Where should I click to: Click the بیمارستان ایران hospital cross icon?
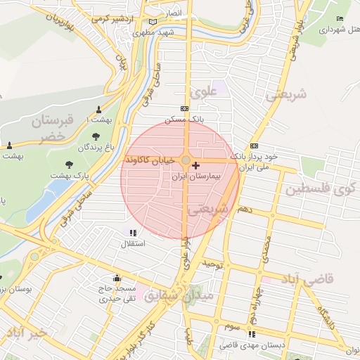point(195,165)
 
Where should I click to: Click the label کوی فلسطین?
point(319,189)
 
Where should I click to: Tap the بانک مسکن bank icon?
point(184,108)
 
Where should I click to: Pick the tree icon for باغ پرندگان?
point(96,136)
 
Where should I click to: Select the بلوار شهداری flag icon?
point(340,19)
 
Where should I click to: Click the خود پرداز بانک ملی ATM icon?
point(254,146)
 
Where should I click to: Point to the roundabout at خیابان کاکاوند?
point(185,161)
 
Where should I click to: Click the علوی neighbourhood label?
point(200,91)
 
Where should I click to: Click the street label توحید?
point(212,264)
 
